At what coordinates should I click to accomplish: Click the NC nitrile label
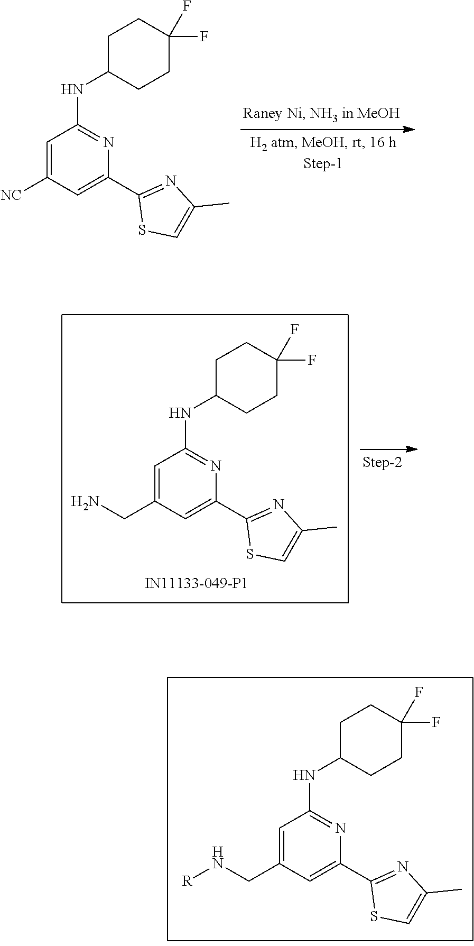[x=11, y=196]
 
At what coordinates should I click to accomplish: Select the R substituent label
[x=187, y=881]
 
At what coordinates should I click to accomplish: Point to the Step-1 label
[x=322, y=163]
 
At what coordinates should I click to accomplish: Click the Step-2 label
[x=382, y=463]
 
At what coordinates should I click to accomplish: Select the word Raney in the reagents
[x=259, y=113]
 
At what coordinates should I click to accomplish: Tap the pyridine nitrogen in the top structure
[x=108, y=142]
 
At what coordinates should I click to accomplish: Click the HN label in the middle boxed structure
[x=180, y=412]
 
